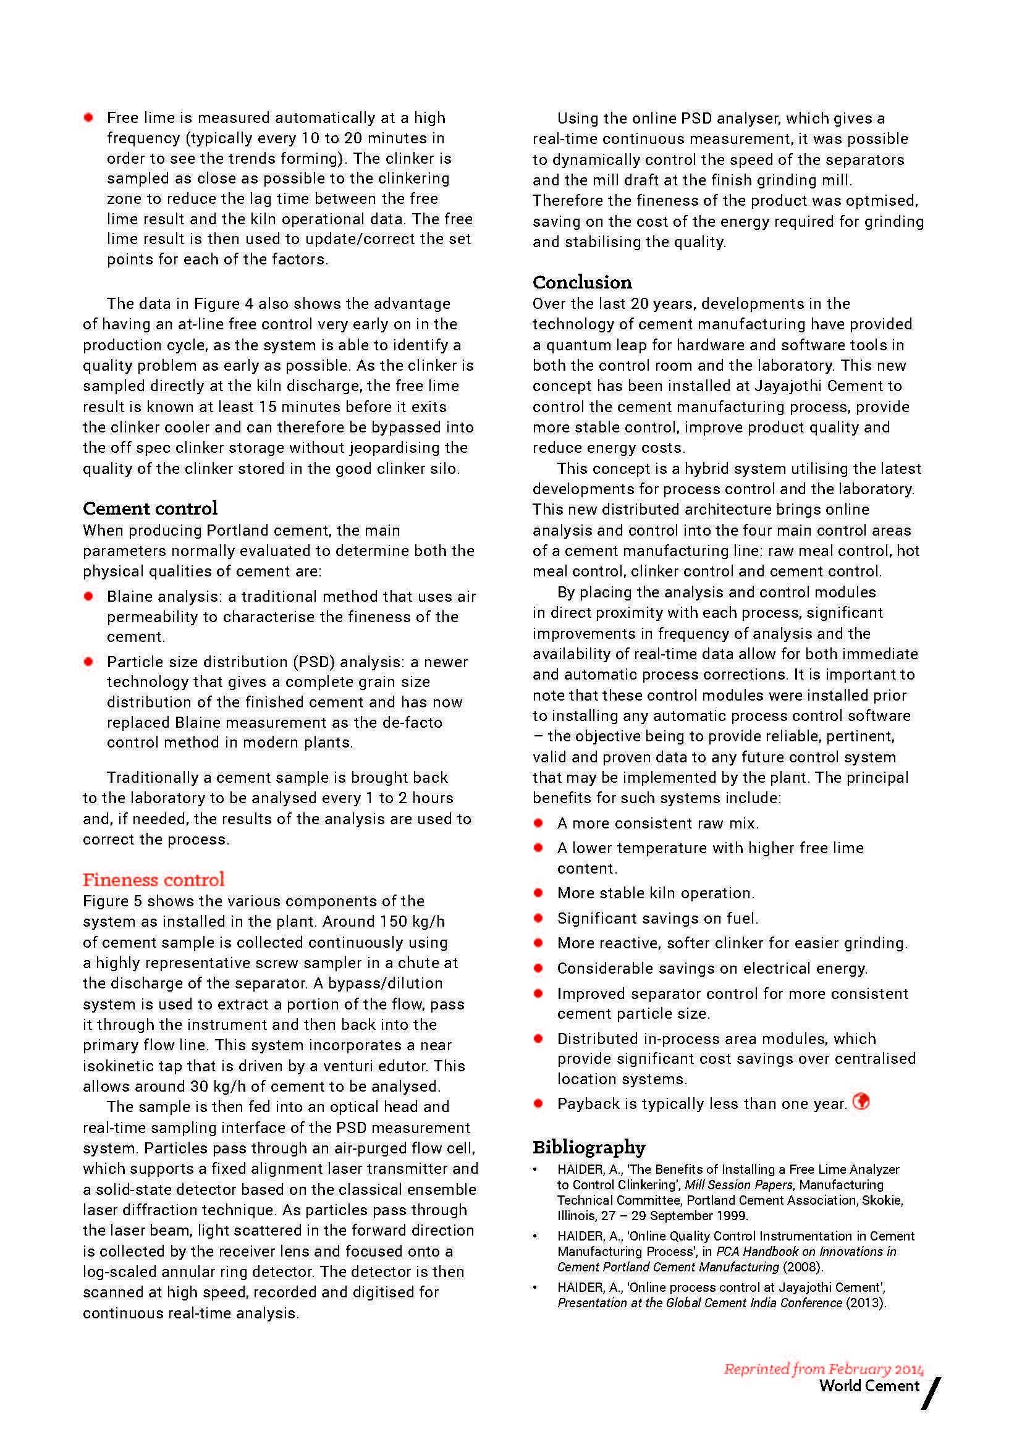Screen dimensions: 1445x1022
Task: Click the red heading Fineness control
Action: pyautogui.click(x=154, y=879)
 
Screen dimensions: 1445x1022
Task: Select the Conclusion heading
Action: pyautogui.click(x=582, y=282)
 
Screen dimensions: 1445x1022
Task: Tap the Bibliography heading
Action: pyautogui.click(x=588, y=1147)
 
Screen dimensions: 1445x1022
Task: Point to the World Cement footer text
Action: pyautogui.click(x=869, y=1385)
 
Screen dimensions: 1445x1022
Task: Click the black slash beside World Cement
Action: pyautogui.click(x=931, y=1392)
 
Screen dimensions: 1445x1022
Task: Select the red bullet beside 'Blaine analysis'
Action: pyautogui.click(x=89, y=596)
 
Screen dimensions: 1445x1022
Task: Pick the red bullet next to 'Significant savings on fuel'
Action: pyautogui.click(x=538, y=918)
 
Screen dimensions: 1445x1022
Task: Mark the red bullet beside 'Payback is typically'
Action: pyautogui.click(x=538, y=1103)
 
